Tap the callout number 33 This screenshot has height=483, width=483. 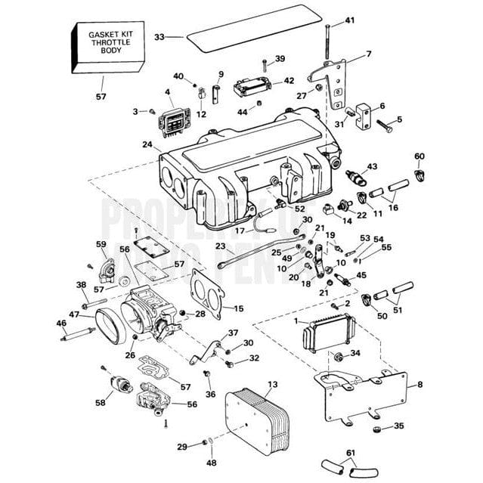(159, 36)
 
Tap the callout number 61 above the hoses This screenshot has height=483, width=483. (349, 453)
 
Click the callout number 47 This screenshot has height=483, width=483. (74, 314)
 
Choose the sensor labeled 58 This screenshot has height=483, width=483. (117, 382)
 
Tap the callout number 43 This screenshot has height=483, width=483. (372, 166)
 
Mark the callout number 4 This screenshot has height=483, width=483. (167, 94)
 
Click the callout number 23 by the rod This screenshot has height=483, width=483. (220, 246)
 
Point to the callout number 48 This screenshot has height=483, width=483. (211, 463)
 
